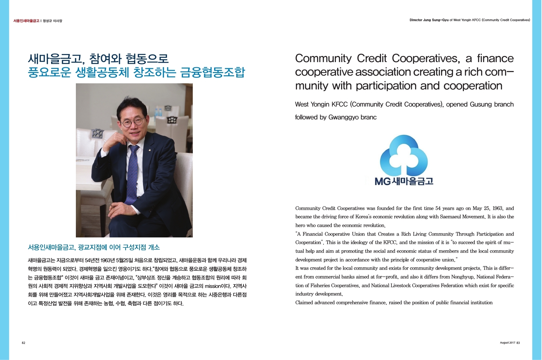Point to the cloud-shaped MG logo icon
tap(404, 155)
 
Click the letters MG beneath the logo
tap(383, 181)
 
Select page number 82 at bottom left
tap(23, 343)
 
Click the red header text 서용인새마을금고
tap(26, 21)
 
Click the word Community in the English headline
tap(323, 59)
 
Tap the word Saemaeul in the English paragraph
tap(450, 217)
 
